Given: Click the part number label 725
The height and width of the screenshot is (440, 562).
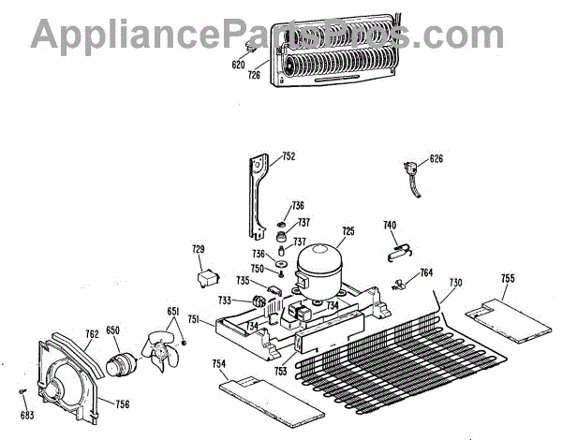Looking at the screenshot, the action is [348, 231].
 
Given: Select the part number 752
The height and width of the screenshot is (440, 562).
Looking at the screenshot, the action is [288, 156].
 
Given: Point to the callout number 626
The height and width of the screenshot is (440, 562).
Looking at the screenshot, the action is [436, 158].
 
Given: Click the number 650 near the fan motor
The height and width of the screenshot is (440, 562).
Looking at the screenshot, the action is [112, 330].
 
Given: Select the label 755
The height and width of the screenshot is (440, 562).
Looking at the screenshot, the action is [508, 278].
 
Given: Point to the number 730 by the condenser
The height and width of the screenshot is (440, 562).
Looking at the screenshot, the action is [455, 283].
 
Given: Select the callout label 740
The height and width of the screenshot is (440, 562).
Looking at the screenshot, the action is [390, 225].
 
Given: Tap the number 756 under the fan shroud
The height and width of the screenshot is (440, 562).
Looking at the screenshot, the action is [121, 404].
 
